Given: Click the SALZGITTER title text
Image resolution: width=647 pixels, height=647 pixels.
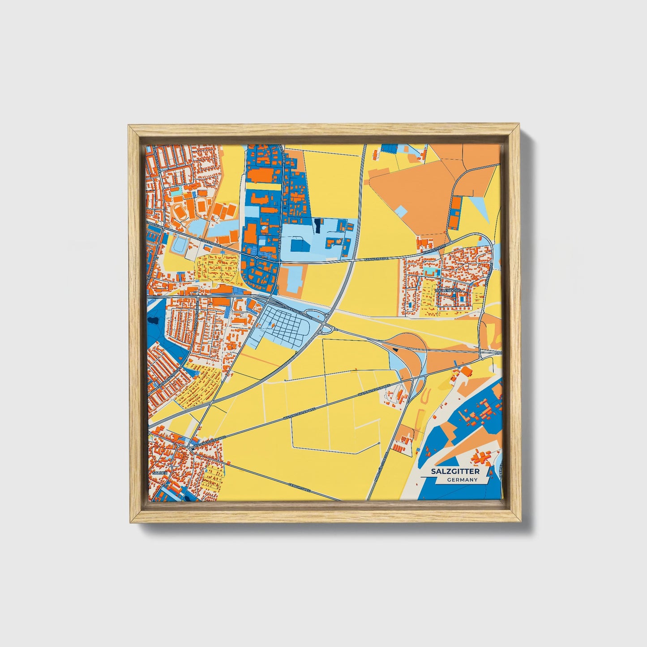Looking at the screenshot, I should (455, 471).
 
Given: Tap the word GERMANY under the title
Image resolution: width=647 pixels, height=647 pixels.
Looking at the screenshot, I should (462, 480).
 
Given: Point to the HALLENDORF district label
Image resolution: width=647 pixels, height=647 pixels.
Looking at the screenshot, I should (448, 291).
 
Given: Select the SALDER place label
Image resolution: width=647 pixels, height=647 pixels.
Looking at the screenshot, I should (160, 473).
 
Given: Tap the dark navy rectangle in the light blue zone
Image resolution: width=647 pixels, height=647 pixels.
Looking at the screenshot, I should (318, 226).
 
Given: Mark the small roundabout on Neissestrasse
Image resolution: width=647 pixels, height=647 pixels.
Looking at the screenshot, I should (258, 257).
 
